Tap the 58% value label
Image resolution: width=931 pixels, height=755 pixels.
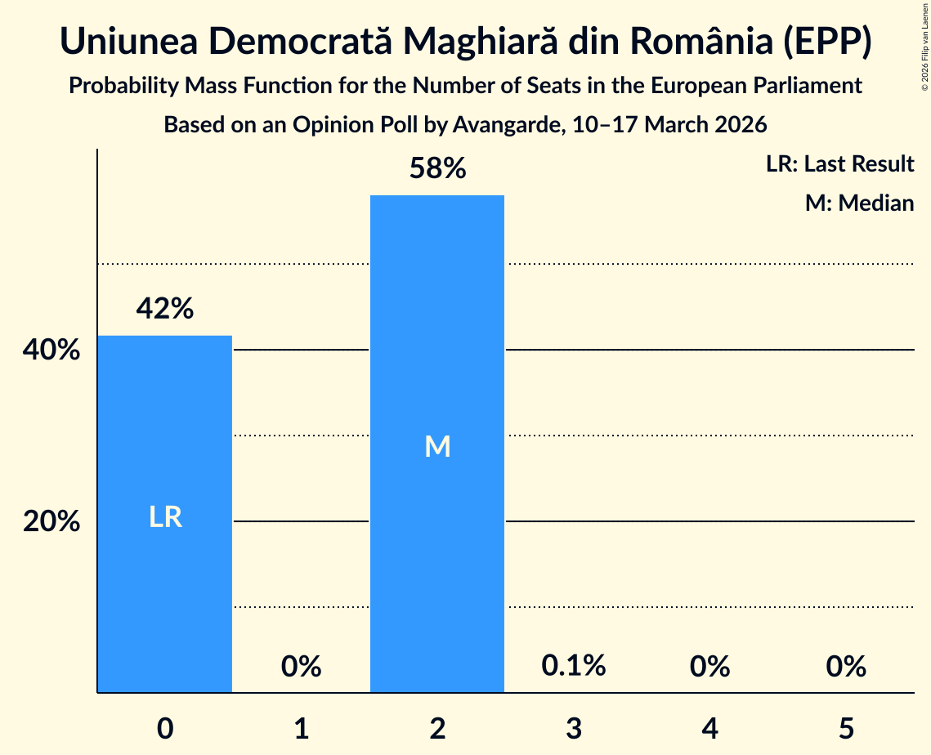(437, 169)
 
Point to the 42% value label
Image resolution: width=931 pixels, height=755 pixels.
(165, 309)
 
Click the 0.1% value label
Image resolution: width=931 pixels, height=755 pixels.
(573, 665)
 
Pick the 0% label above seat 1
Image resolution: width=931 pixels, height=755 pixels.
(301, 667)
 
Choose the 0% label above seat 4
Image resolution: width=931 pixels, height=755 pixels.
(709, 667)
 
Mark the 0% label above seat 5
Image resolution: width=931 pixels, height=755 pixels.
(845, 667)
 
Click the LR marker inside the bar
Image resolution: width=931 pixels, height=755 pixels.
(165, 517)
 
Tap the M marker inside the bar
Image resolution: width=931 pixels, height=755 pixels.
(437, 446)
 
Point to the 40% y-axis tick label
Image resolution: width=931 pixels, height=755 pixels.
(51, 351)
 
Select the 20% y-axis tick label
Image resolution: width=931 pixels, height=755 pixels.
(51, 521)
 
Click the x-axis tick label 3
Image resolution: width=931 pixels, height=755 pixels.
(573, 727)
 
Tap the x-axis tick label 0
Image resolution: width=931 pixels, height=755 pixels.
(165, 727)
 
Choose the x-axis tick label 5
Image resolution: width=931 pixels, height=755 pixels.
(845, 727)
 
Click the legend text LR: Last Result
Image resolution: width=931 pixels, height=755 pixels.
(839, 164)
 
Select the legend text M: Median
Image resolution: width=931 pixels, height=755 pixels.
(859, 203)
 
